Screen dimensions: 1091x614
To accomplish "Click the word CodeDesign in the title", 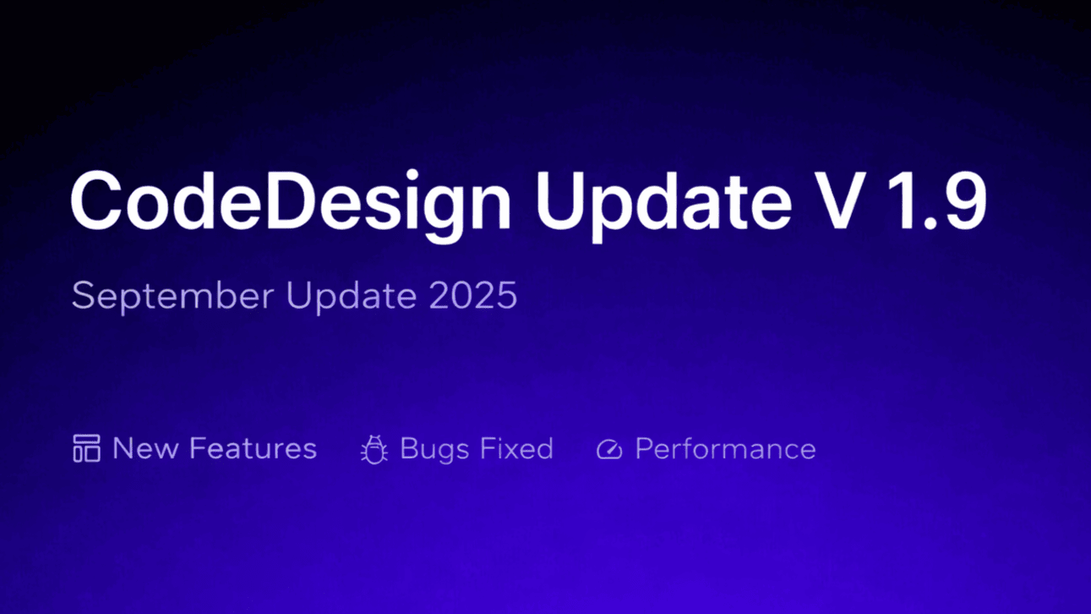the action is pos(291,206).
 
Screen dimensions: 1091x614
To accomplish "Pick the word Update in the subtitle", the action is pos(352,296).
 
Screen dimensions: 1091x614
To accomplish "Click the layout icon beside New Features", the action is pos(87,448).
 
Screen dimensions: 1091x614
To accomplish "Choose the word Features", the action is pos(254,448).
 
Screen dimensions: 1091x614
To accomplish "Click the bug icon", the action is pos(374,449).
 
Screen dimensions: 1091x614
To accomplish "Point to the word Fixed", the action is pos(517,448).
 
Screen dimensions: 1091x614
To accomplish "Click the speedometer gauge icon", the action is pos(609,450).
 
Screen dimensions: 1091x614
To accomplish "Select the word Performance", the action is pos(726,449).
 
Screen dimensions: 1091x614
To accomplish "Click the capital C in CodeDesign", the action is pos(96,200).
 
